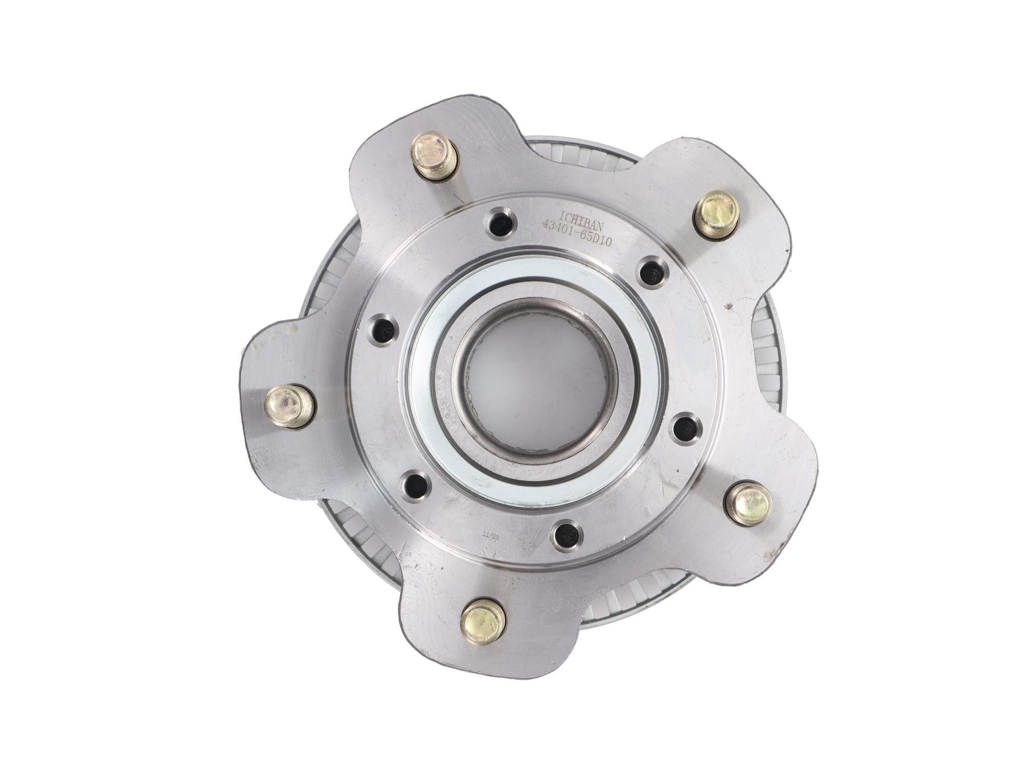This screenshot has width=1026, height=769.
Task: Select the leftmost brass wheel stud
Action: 289,406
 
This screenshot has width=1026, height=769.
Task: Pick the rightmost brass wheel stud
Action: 749,503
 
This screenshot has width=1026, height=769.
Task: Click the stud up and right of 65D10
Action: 716,214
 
